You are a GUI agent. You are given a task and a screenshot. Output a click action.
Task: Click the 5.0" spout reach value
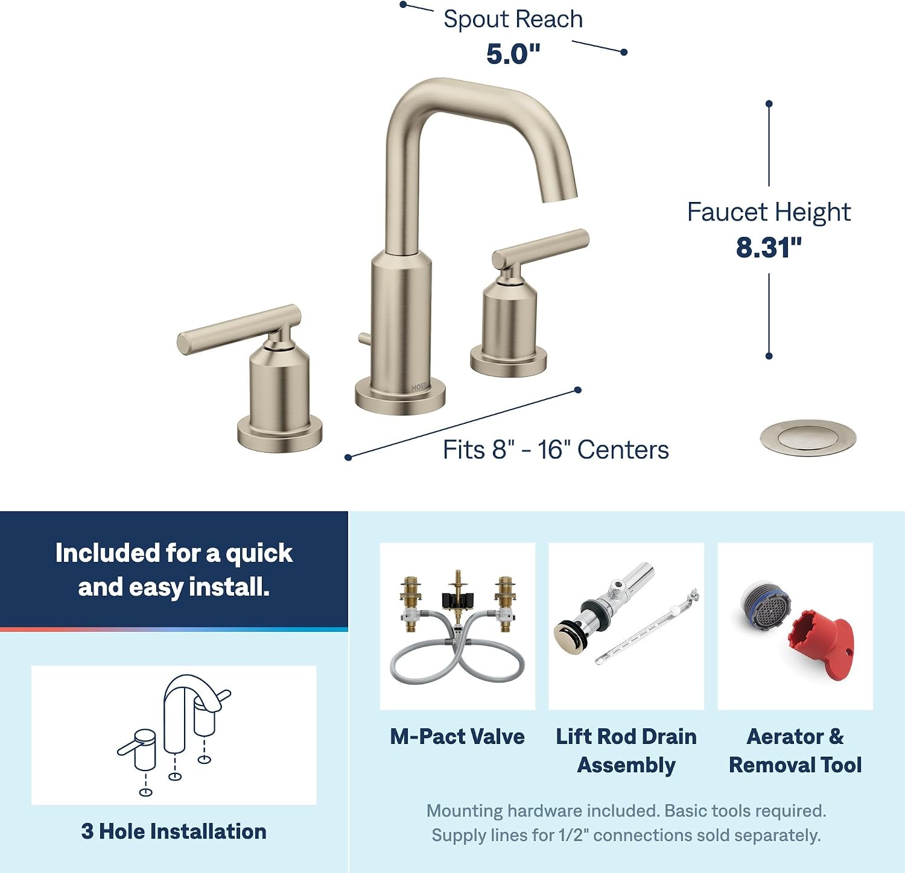[x=513, y=54]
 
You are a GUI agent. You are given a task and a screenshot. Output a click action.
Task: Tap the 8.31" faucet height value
[x=769, y=247]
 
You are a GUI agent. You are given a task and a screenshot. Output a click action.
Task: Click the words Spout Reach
[x=513, y=19]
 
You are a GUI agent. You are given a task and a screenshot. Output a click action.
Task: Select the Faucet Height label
[x=769, y=212]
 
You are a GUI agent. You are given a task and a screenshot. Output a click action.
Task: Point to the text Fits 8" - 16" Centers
[x=556, y=450]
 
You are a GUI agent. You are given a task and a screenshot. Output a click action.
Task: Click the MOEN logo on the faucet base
[x=420, y=386]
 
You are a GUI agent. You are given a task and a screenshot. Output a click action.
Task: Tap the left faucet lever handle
[x=239, y=329]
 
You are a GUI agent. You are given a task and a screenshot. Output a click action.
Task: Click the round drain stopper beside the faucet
[x=808, y=438]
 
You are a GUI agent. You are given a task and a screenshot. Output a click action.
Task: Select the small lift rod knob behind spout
[x=363, y=338]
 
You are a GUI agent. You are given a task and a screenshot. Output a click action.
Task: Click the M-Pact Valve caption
[x=457, y=736]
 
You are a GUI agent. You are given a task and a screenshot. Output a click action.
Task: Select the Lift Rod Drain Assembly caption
[x=626, y=751]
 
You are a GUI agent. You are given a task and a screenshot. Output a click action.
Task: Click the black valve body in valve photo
[x=458, y=600]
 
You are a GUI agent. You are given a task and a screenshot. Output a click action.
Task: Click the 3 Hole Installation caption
[x=174, y=831]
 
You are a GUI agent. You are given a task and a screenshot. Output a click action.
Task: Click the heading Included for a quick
[x=174, y=553]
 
